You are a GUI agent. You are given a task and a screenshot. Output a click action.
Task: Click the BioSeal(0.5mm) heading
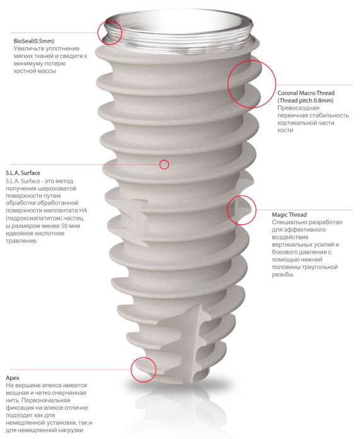point(34,41)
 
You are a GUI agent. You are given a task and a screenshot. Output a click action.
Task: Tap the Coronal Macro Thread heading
point(306,93)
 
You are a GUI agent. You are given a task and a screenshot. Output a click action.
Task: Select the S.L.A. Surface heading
point(23,173)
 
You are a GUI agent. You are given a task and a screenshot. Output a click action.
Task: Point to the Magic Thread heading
point(289,215)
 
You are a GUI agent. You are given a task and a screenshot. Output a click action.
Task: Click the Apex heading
point(13,378)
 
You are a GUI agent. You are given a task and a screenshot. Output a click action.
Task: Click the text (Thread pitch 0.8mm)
point(305,101)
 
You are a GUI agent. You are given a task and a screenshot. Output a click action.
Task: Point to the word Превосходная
point(298,108)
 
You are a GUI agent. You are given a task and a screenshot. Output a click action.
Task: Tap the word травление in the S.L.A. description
point(21,241)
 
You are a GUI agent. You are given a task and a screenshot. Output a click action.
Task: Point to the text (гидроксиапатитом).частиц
point(45,218)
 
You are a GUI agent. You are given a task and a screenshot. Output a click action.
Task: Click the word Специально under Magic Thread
point(288,222)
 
